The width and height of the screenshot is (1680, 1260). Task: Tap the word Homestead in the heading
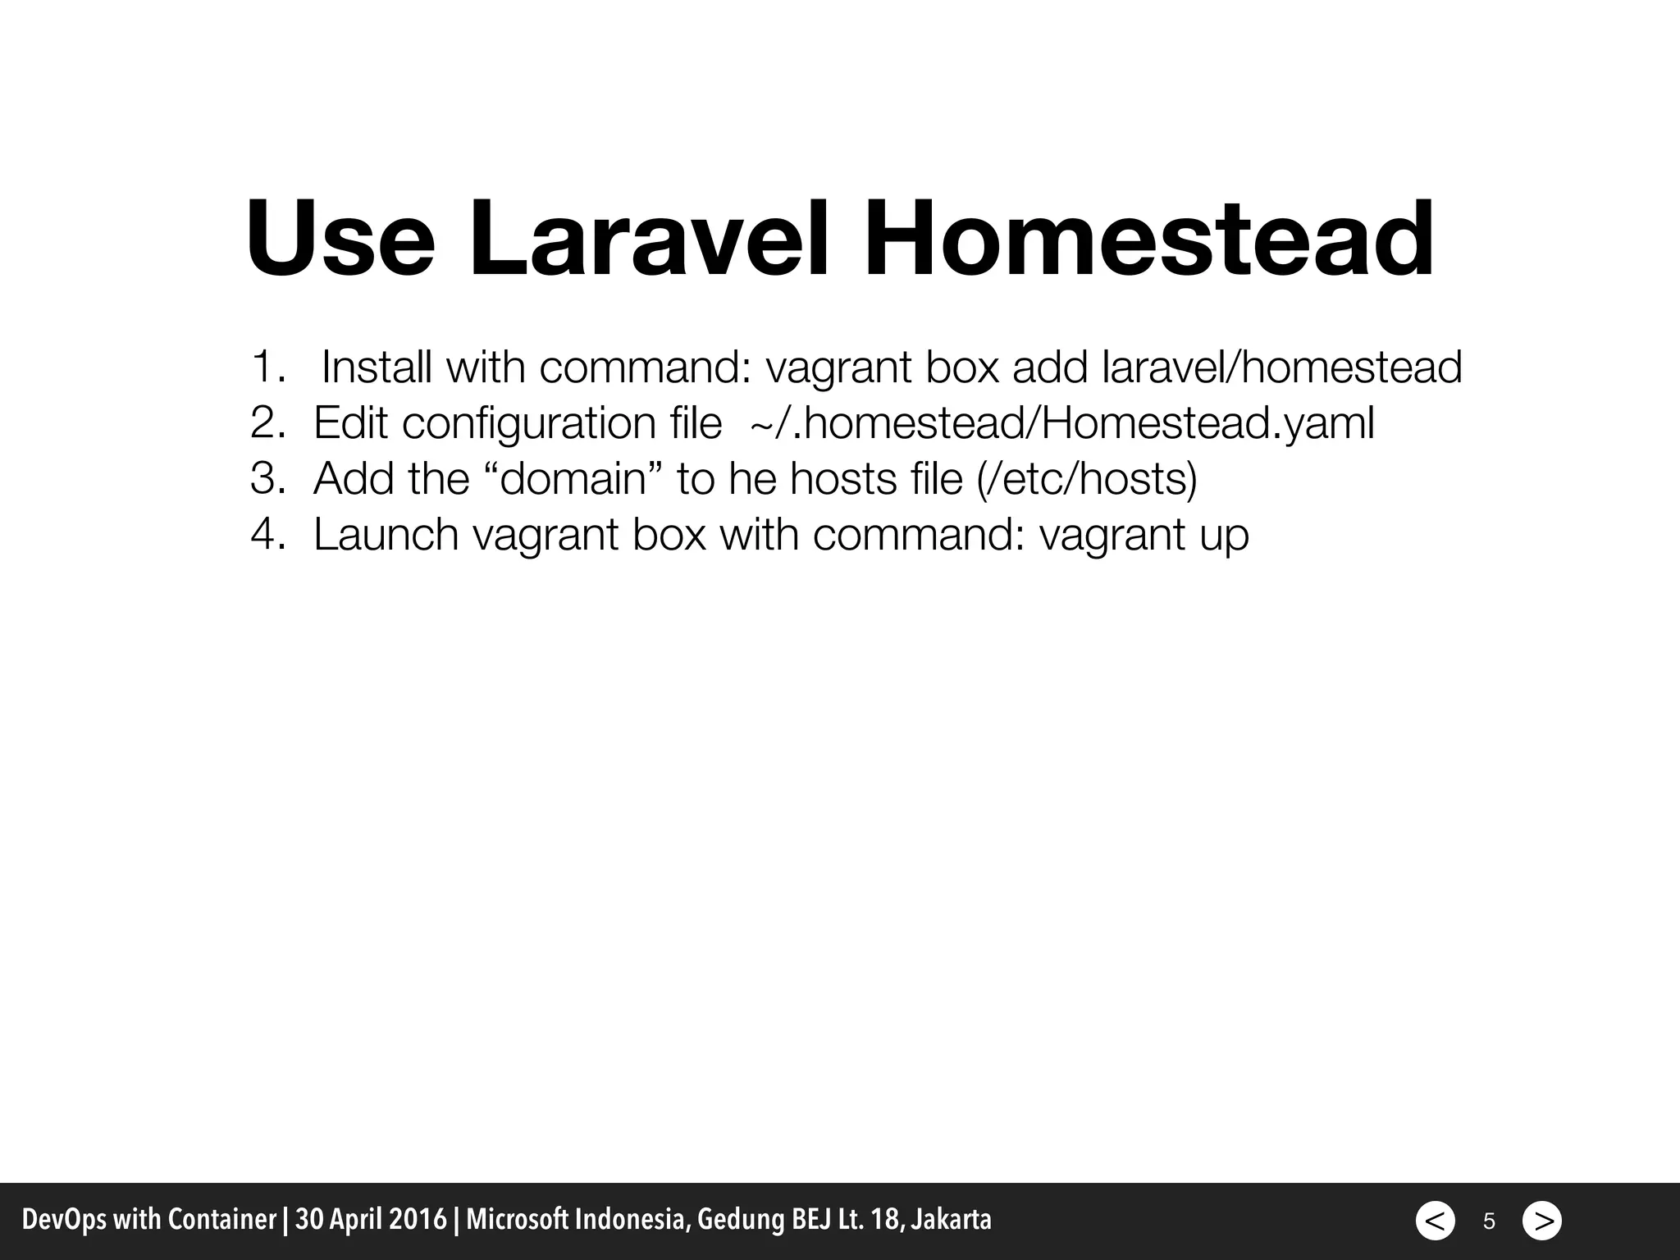point(1148,240)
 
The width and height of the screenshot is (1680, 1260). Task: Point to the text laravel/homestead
point(1282,367)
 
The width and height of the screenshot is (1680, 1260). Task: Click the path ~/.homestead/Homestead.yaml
point(1062,423)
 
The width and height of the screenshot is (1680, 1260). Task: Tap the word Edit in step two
point(350,423)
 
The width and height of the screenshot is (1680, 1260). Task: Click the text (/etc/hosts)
point(1088,479)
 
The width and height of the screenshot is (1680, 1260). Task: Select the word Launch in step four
point(386,534)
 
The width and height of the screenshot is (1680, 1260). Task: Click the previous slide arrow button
point(1435,1221)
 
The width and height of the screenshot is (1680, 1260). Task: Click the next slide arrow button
point(1542,1221)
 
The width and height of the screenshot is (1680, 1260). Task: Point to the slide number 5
point(1489,1221)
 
